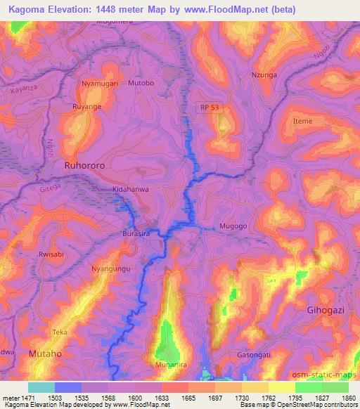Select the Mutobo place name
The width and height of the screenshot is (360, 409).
point(141,84)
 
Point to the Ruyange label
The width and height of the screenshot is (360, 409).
point(89,109)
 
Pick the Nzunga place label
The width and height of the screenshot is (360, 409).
point(264,74)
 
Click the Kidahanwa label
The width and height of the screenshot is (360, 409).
point(132,190)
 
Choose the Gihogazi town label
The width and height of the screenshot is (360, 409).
point(329,310)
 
